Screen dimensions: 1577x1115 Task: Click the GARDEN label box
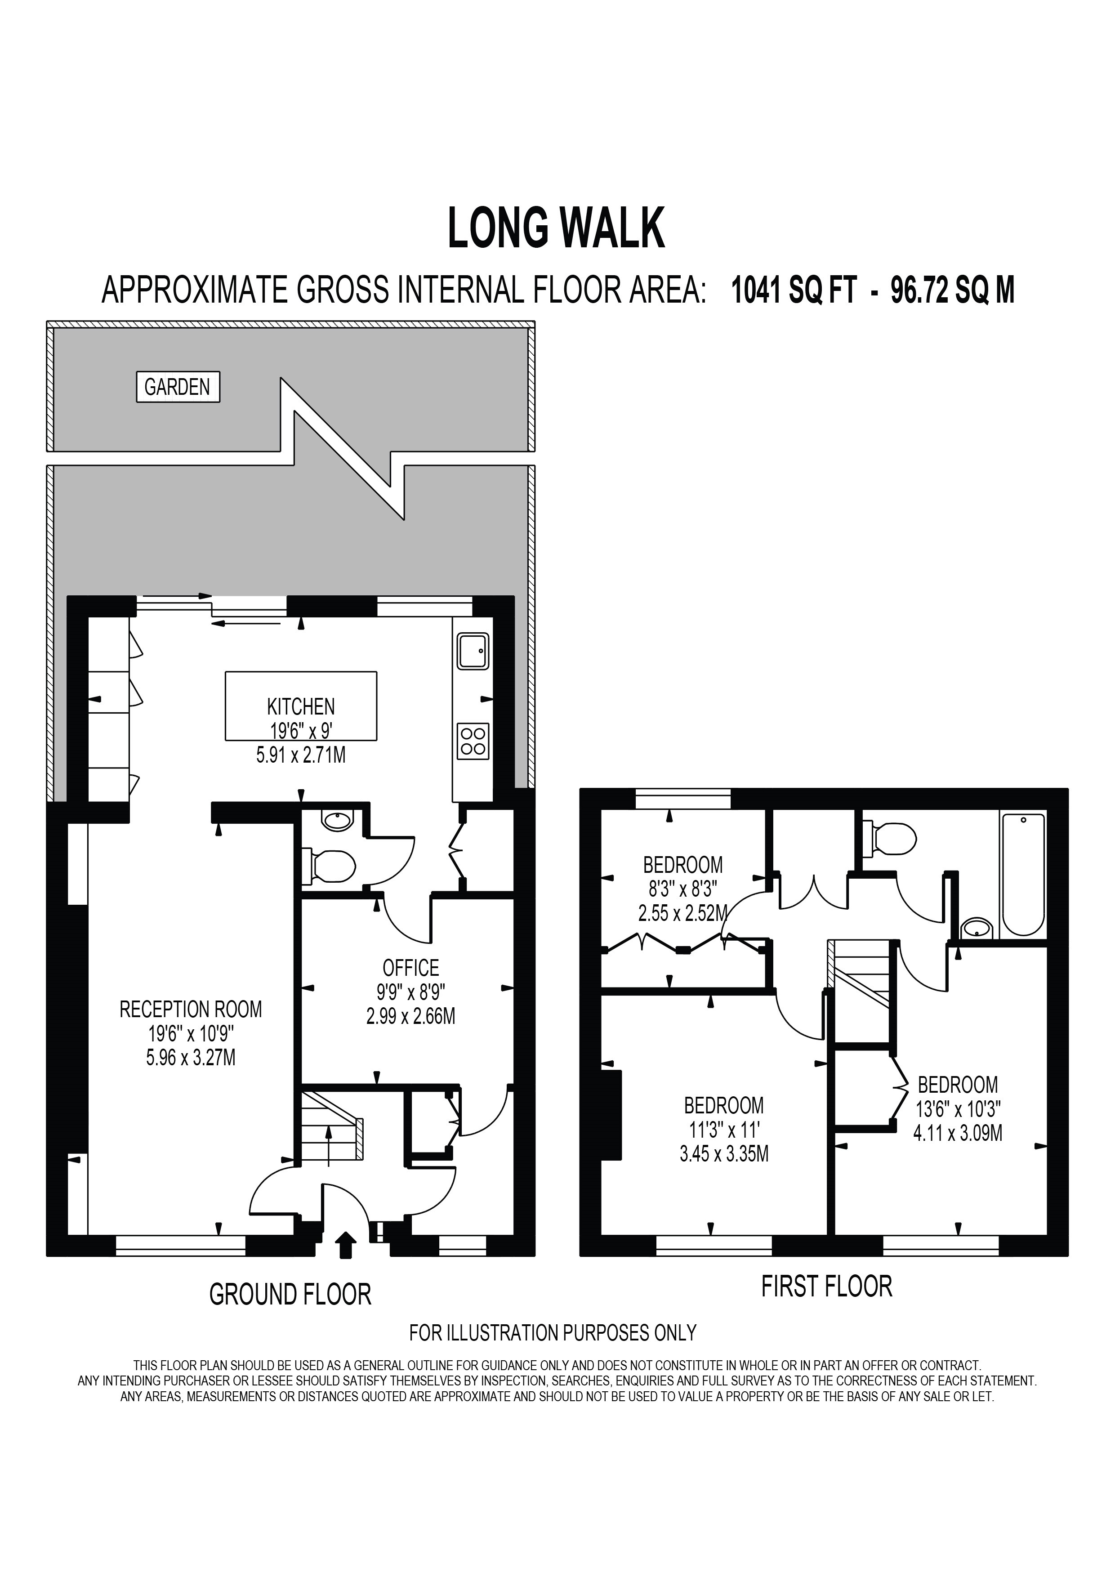178,387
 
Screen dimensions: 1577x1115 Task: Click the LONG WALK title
556,229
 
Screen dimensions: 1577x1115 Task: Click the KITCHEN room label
301,706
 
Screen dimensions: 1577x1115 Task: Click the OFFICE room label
410,968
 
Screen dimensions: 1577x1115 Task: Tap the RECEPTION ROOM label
191,1009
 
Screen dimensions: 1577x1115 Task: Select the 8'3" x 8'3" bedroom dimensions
682,889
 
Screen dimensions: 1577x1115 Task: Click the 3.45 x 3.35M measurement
724,1153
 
